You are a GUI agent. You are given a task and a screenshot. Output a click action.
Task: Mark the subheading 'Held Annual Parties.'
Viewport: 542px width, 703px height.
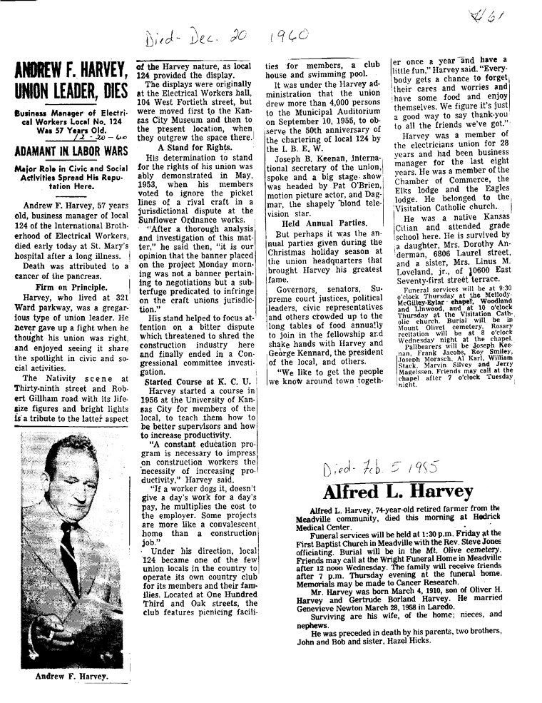(313, 223)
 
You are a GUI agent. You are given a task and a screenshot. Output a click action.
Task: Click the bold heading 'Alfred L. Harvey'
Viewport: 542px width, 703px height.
(398, 492)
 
